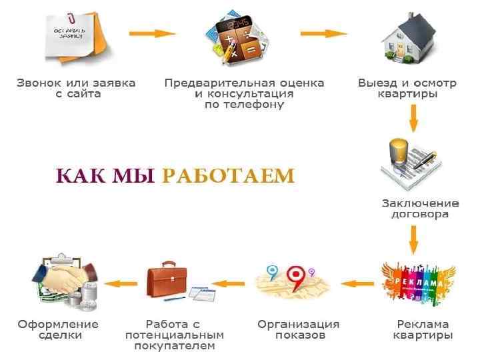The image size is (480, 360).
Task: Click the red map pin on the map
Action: coord(296,275)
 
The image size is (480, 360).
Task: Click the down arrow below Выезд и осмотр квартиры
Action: coord(413,118)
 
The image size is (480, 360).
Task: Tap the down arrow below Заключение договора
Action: coord(413,239)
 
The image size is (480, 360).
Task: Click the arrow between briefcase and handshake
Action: coord(117,283)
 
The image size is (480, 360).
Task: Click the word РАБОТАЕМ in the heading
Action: coord(227,175)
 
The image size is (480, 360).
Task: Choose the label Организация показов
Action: coord(299,329)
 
